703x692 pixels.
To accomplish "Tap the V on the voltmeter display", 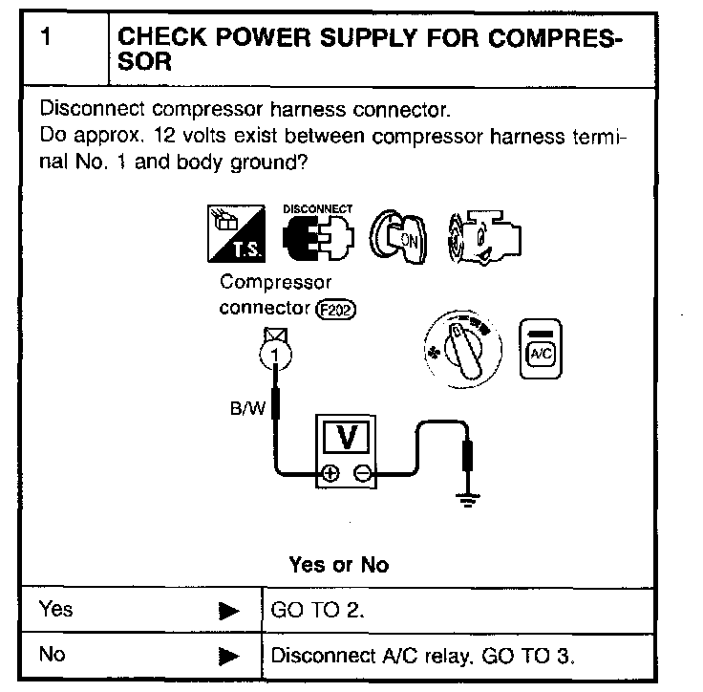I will pyautogui.click(x=349, y=437).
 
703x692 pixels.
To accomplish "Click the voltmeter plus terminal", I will pyautogui.click(x=330, y=473).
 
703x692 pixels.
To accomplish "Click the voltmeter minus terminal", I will pyautogui.click(x=362, y=473).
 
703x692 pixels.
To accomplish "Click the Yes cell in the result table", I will pyautogui.click(x=56, y=610).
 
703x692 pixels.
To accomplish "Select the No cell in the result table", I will pyautogui.click(x=53, y=657).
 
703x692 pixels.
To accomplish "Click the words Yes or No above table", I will pyautogui.click(x=338, y=565).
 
